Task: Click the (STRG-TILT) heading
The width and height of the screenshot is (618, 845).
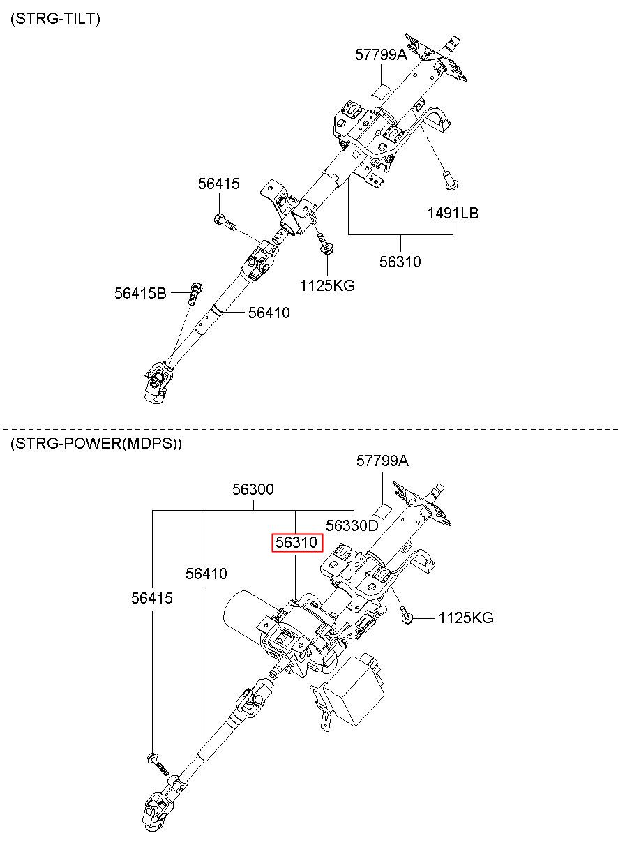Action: point(55,18)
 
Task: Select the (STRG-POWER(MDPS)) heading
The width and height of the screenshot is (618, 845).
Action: point(96,444)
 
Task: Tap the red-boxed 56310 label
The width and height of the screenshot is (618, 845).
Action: point(297,543)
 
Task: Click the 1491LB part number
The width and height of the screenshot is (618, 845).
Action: point(453,214)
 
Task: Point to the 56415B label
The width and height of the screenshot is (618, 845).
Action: point(140,294)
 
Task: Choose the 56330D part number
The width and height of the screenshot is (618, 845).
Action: point(352,525)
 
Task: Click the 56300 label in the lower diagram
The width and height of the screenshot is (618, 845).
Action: point(253,489)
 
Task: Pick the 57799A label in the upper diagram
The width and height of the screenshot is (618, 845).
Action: point(382,55)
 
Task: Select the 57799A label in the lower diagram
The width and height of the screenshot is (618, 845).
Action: point(382,461)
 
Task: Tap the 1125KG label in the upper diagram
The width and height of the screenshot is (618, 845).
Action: point(327,286)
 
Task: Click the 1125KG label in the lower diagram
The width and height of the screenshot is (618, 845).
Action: point(466,618)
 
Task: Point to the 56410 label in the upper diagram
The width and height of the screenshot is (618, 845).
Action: point(269,313)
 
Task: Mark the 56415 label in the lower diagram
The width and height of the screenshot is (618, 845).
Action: point(152,598)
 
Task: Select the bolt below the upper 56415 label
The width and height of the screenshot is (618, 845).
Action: point(225,223)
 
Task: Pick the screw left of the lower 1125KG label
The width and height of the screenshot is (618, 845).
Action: point(407,615)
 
